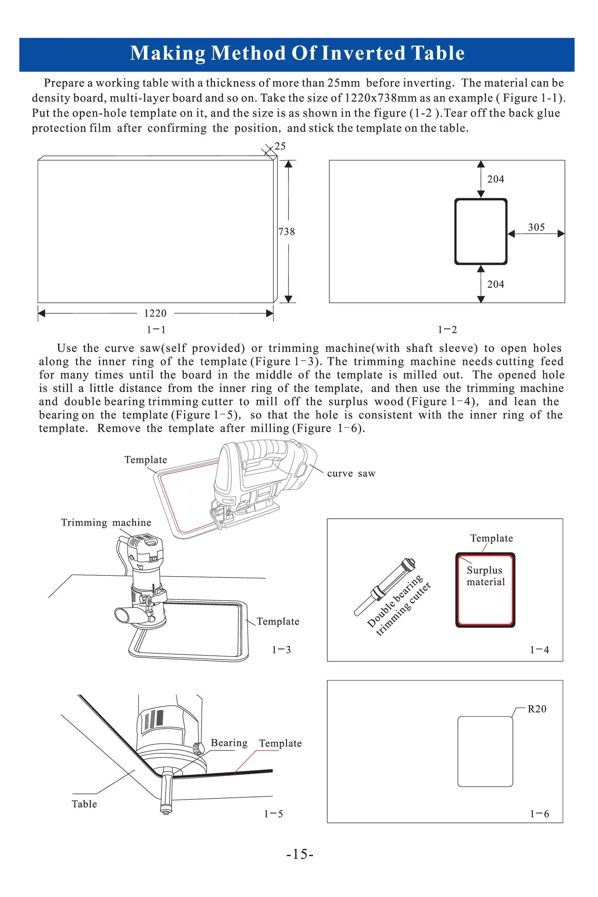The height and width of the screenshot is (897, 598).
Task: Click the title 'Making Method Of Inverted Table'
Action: (297, 53)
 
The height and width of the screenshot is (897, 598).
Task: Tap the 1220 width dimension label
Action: (155, 313)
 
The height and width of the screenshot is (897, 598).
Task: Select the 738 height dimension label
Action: (286, 231)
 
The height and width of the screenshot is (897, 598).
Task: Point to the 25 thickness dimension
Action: (280, 146)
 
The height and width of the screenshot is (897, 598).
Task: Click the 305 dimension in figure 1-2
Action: (536, 228)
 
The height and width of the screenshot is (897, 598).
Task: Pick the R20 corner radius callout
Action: (537, 709)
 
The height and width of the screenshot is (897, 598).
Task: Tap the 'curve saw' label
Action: (351, 473)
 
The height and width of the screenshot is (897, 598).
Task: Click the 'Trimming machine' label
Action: (106, 522)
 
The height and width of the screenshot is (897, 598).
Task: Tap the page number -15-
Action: (300, 854)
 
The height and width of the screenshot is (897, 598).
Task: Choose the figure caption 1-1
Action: (156, 330)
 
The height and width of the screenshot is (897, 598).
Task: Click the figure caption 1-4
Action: (539, 650)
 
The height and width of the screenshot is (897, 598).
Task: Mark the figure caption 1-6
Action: (539, 814)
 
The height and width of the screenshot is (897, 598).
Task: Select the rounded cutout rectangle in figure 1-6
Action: (485, 751)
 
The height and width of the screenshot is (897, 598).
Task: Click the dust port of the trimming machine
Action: (123, 615)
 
